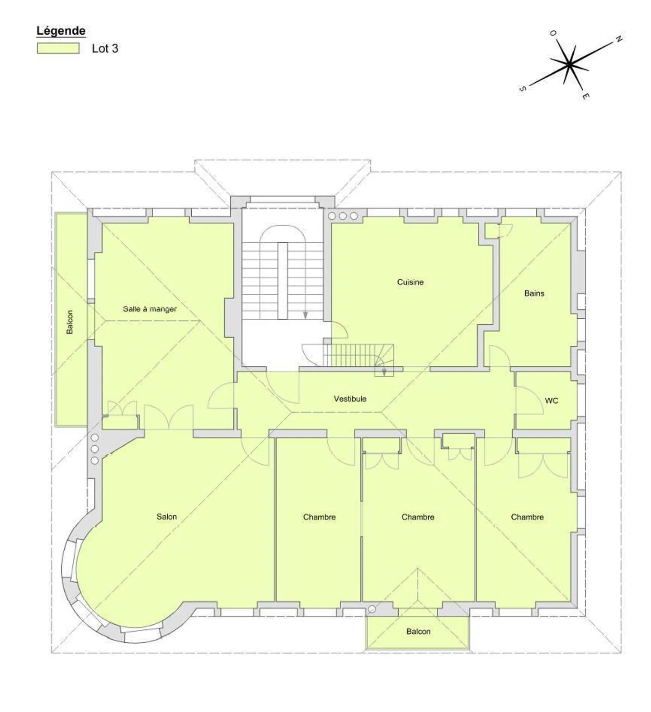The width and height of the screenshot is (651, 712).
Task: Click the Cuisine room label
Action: (410, 282)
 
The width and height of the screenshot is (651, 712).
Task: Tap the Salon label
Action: (166, 517)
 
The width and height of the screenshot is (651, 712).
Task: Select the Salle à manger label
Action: (150, 309)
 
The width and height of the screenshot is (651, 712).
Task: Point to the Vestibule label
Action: (350, 399)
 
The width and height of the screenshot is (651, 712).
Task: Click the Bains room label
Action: (534, 293)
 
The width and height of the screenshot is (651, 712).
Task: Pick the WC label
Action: (552, 401)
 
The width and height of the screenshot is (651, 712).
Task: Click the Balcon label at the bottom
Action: (418, 632)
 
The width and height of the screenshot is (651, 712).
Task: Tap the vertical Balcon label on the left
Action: (70, 322)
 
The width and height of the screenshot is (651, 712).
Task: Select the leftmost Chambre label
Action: (319, 517)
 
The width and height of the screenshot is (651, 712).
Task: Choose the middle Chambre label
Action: (418, 517)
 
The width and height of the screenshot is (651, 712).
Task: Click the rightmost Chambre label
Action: (527, 517)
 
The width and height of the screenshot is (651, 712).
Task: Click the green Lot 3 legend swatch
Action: (58, 48)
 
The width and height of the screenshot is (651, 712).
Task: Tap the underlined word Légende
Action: (61, 31)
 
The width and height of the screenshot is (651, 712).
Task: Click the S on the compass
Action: (523, 89)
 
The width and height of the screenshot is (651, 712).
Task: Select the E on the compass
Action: (585, 96)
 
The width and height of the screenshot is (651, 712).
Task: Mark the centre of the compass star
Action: (569, 65)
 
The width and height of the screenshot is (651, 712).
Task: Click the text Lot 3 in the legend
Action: (105, 49)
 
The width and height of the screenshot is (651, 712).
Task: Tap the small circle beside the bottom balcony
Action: (372, 609)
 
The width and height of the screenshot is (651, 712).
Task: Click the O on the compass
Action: (553, 33)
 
